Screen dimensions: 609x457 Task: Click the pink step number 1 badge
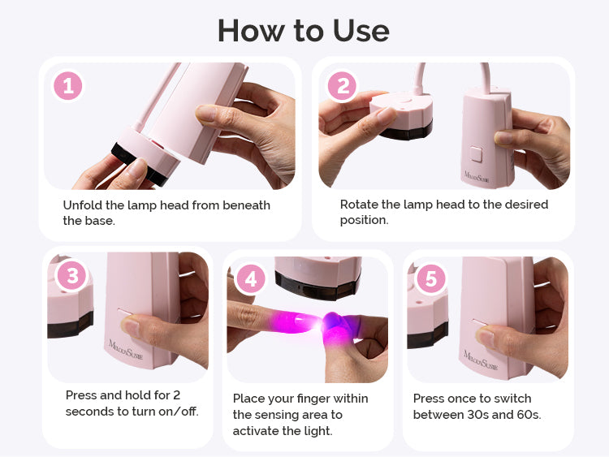[68, 86]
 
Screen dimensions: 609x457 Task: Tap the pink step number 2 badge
[343, 86]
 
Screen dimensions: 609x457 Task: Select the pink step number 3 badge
[72, 276]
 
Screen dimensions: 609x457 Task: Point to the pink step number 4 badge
[251, 278]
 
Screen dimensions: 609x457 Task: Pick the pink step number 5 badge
[431, 278]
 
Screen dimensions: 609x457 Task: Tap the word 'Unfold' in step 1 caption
[82, 205]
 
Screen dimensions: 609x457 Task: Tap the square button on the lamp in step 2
[476, 153]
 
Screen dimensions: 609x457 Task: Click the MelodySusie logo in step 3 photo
[125, 350]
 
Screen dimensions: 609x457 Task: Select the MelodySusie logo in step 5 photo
[481, 360]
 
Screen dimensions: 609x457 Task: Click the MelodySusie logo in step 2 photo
[477, 177]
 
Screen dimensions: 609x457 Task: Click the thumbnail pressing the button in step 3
[131, 326]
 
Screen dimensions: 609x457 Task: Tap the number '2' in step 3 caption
[176, 394]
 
